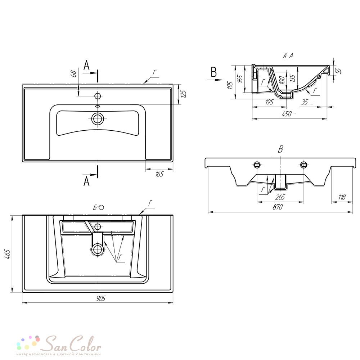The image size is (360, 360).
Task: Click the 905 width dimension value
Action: pyautogui.click(x=100, y=298)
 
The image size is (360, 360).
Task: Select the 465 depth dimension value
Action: pyautogui.click(x=7, y=254)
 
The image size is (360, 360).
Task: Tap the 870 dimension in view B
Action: pyautogui.click(x=277, y=207)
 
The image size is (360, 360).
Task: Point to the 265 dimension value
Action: pyautogui.click(x=280, y=197)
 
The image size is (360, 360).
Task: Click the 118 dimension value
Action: pyautogui.click(x=342, y=197)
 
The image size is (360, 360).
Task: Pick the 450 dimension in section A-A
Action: pyautogui.click(x=287, y=114)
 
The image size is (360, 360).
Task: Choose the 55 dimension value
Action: pyautogui.click(x=338, y=71)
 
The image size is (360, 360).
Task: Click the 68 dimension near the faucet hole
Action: pyautogui.click(x=74, y=74)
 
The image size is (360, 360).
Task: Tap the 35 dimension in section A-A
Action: pyautogui.click(x=305, y=102)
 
